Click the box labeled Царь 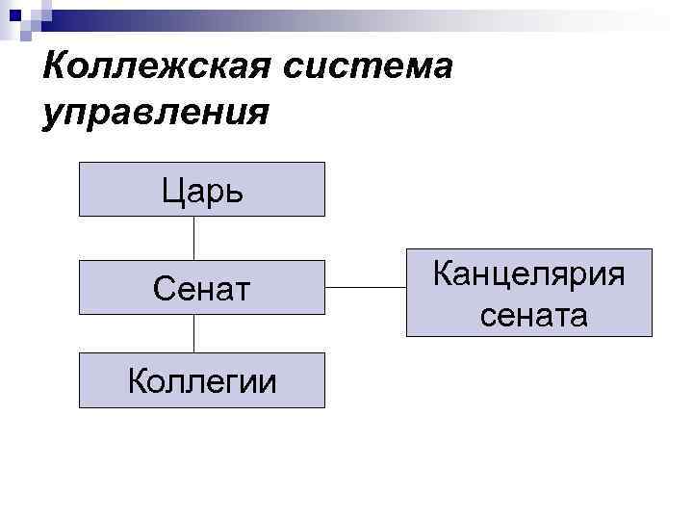pyautogui.click(x=202, y=190)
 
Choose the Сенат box pyautogui.click(x=202, y=286)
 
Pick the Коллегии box pyautogui.click(x=202, y=381)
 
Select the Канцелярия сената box pyautogui.click(x=528, y=293)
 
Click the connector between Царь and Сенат pyautogui.click(x=194, y=238)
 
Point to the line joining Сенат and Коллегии pyautogui.click(x=194, y=333)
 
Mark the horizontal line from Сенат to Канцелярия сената pyautogui.click(x=366, y=287)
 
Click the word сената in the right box pyautogui.click(x=528, y=313)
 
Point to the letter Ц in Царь pyautogui.click(x=172, y=191)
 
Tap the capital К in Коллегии pyautogui.click(x=137, y=381)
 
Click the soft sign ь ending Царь pyautogui.click(x=234, y=191)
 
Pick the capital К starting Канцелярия pyautogui.click(x=444, y=273)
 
